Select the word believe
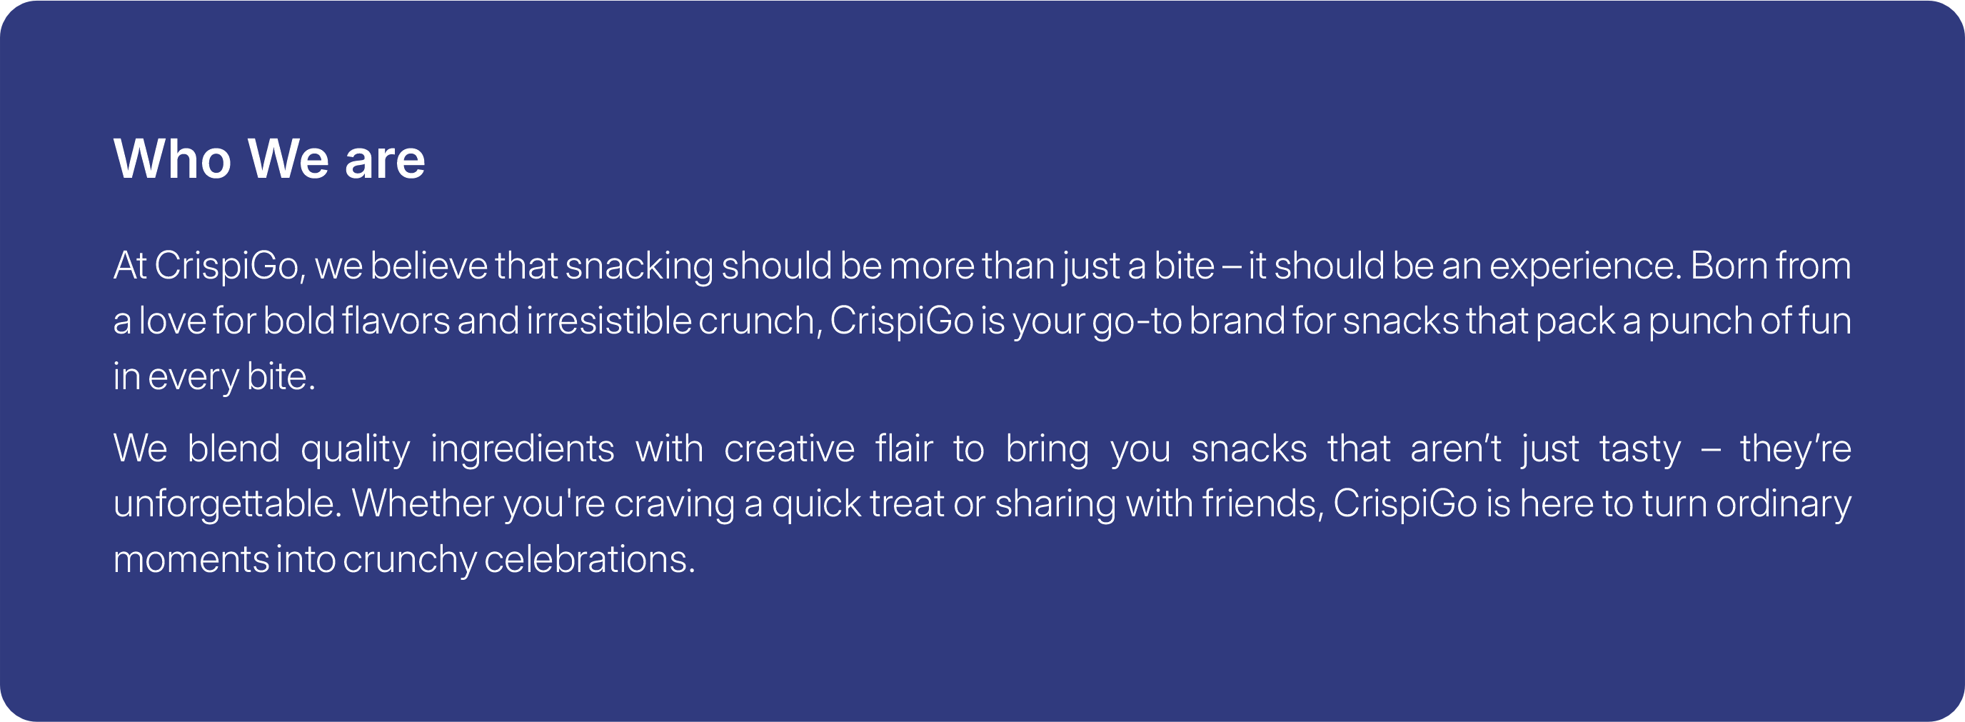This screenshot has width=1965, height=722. pyautogui.click(x=428, y=266)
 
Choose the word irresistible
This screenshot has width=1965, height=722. pyautogui.click(x=609, y=321)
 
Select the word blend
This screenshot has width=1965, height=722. pyautogui.click(x=233, y=448)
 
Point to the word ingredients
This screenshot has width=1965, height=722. pyautogui.click(x=523, y=451)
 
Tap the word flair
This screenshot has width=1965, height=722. pyautogui.click(x=904, y=448)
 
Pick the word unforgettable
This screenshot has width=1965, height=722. pyautogui.click(x=227, y=503)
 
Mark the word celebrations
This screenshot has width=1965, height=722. pyautogui.click(x=590, y=559)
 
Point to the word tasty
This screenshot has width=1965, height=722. pyautogui.click(x=1640, y=451)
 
